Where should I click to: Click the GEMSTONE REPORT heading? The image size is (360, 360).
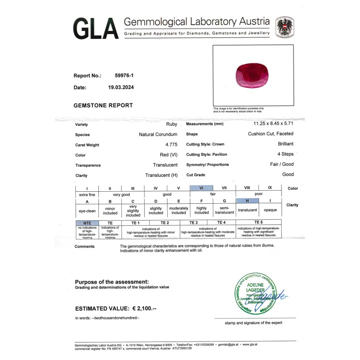point(103,105)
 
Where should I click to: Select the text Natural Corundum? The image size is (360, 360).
point(158,134)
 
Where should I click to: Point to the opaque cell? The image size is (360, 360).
point(270,210)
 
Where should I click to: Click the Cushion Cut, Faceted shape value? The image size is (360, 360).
point(271,134)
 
